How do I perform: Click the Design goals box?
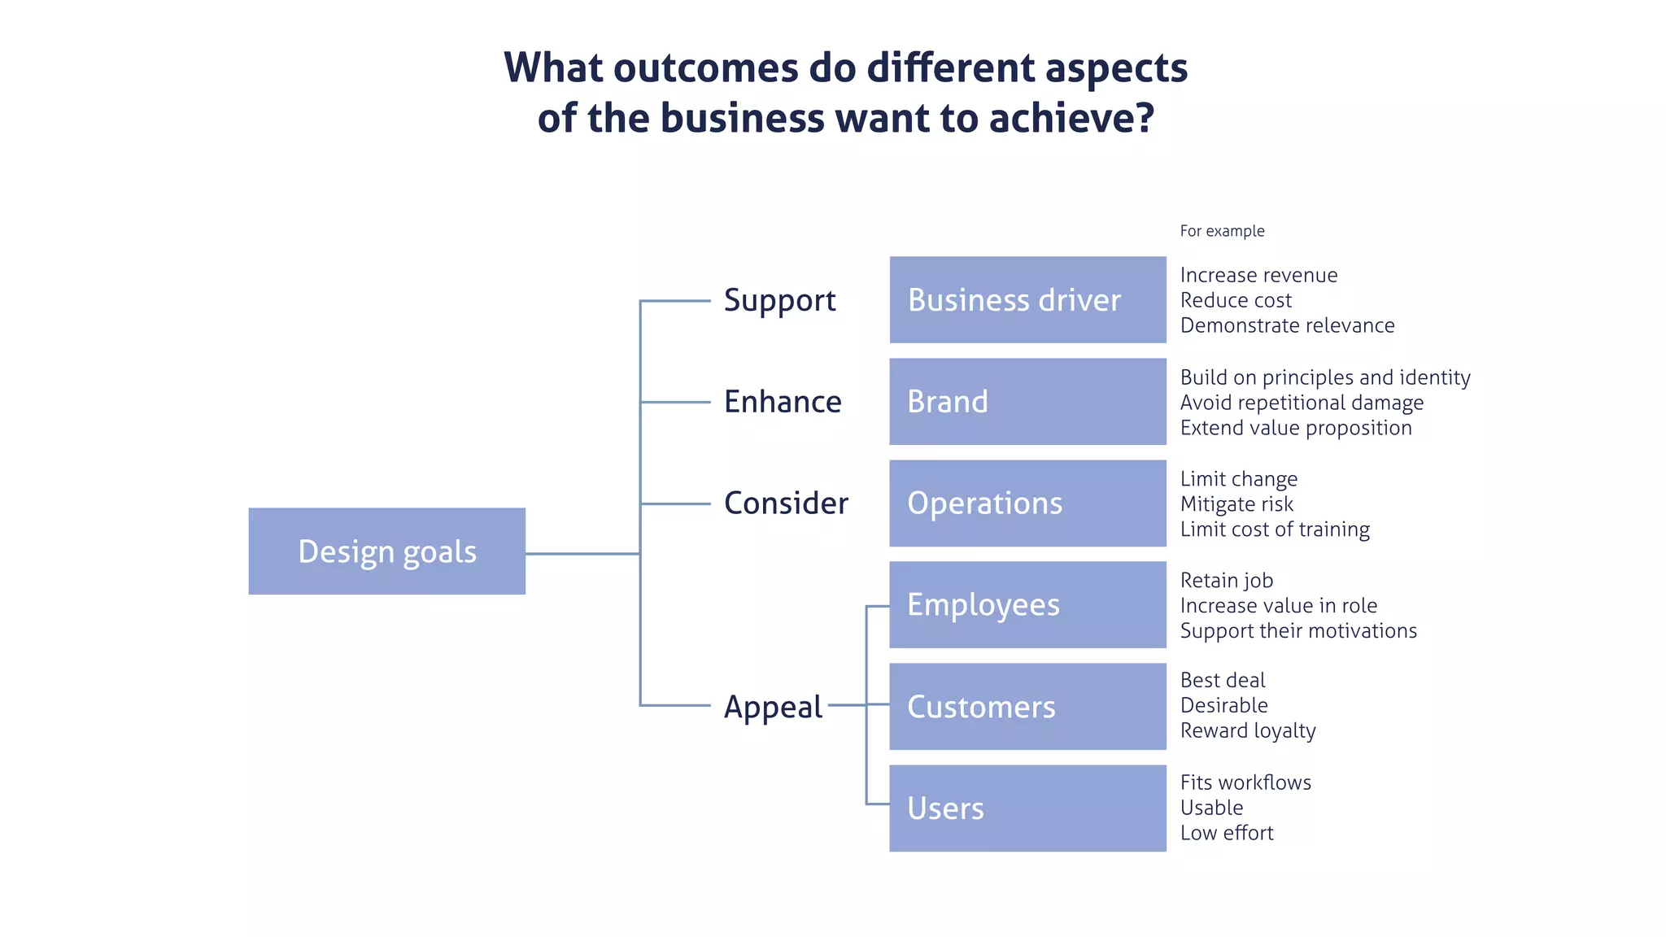pos(386,551)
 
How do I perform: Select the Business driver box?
pos(1027,300)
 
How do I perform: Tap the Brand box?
pos(1027,402)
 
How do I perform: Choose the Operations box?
pos(1027,503)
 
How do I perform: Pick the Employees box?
pos(1027,605)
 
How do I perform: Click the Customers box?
pos(1027,707)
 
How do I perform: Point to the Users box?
pos(1027,808)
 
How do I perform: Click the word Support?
pos(779,301)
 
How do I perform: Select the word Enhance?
pos(783,402)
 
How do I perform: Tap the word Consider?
pos(786,503)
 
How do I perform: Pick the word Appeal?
pos(773,707)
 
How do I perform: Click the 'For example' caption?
pos(1222,231)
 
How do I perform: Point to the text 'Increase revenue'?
pos(1258,275)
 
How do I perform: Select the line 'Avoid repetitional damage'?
pos(1302,403)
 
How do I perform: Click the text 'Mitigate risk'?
pos(1236,504)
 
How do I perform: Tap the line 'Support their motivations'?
pos(1298,631)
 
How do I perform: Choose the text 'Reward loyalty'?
pos(1248,730)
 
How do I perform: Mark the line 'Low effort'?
pos(1227,833)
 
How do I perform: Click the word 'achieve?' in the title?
pos(1071,119)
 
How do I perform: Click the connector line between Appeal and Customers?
pos(848,705)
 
